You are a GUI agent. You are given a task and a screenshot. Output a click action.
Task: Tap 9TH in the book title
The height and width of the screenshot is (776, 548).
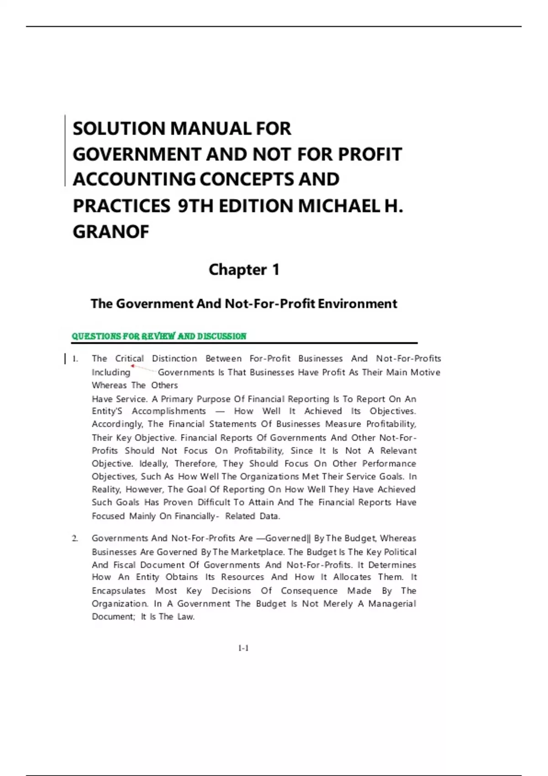pos(196,206)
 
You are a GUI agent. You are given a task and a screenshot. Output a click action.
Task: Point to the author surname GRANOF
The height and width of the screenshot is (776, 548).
pos(111,232)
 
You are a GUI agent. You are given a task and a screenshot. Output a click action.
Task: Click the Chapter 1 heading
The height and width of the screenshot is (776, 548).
pos(244,270)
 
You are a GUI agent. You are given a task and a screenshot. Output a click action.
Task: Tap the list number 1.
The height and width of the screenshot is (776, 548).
pos(75,359)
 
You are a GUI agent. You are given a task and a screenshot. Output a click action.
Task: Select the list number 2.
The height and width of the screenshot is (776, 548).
pos(75,539)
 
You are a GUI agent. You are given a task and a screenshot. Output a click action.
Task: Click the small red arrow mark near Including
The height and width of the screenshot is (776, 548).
pos(132,366)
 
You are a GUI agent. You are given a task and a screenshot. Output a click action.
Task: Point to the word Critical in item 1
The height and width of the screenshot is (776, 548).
pos(129,359)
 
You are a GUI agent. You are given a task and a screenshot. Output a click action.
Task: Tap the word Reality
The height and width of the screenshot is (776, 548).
pos(106,489)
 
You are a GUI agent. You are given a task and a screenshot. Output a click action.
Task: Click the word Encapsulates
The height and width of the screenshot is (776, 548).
pos(118,591)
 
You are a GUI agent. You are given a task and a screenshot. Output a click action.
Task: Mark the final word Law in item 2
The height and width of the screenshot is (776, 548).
pos(185,617)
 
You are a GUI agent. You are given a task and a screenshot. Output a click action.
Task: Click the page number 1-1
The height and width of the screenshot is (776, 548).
pos(243,648)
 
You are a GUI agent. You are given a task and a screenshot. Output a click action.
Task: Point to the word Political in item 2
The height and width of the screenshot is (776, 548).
pos(400,552)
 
